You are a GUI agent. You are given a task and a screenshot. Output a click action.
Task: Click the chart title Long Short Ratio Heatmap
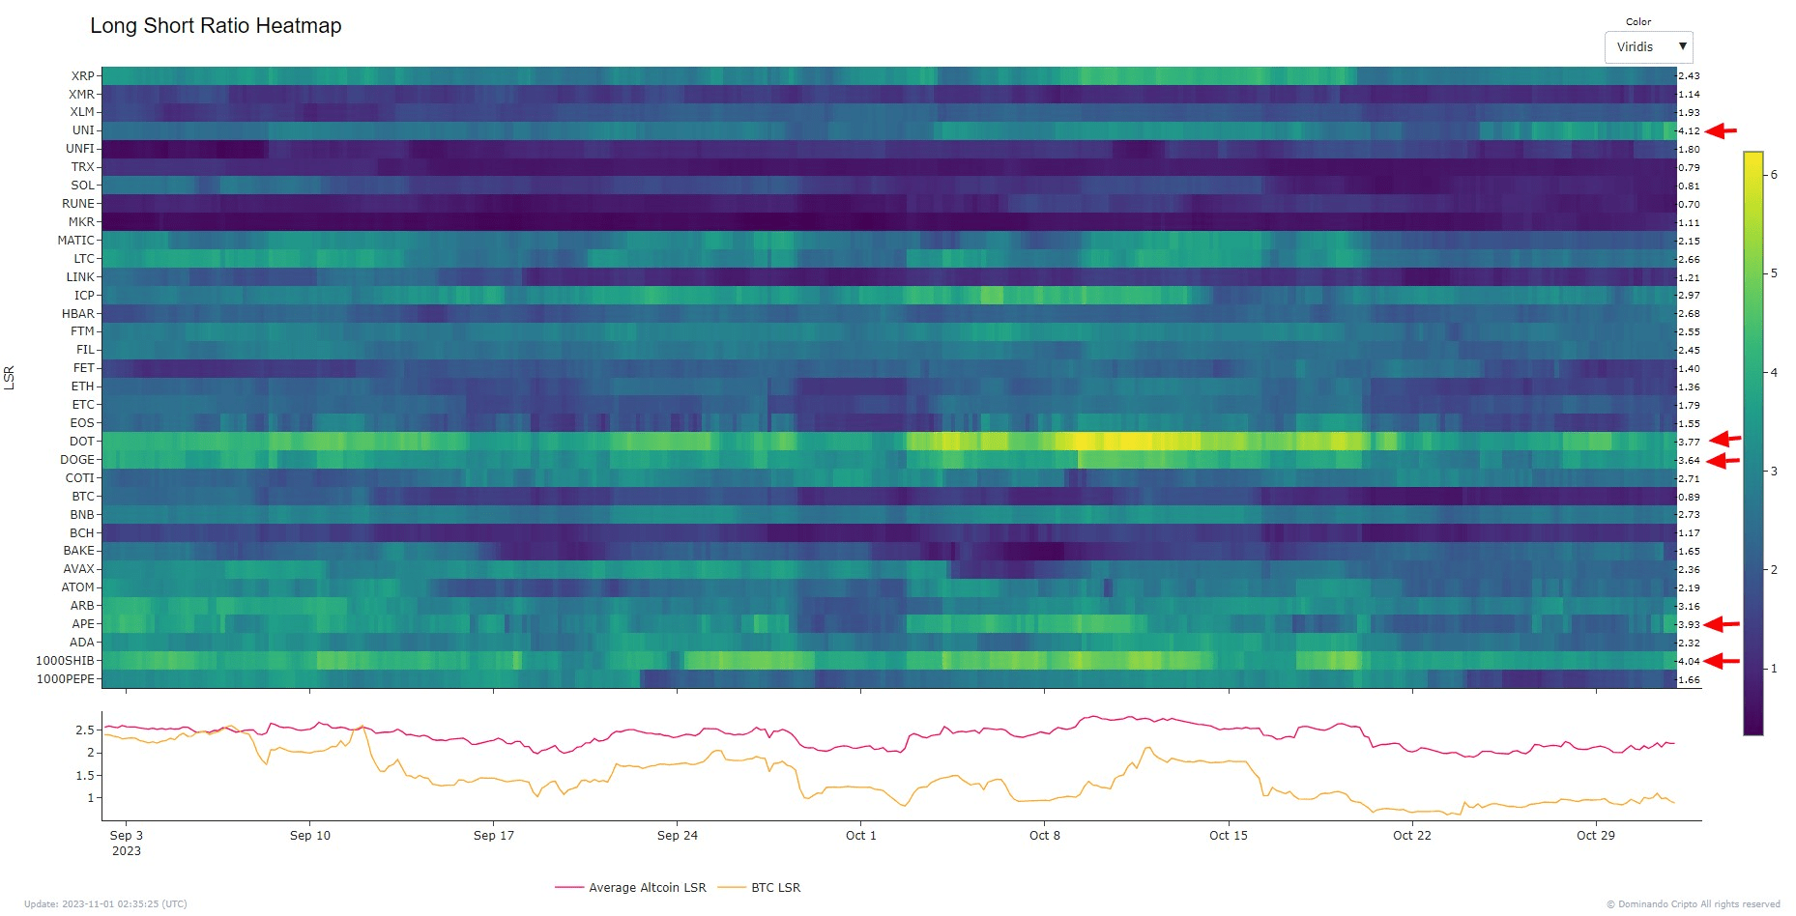coord(216,26)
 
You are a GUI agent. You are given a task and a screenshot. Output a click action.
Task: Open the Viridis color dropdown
coord(1648,47)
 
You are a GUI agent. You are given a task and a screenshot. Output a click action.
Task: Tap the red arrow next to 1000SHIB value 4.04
coord(1722,661)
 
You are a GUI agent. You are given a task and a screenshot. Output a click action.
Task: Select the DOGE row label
coord(77,460)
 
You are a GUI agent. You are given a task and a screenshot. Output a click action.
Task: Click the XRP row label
coord(83,76)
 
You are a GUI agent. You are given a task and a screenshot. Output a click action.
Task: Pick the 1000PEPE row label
coord(66,679)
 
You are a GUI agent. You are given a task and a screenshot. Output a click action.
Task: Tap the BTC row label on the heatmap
coord(83,497)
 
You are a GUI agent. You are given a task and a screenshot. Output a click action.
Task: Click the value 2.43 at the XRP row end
coord(1689,76)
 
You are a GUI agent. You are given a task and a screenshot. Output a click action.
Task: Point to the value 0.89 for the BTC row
coord(1689,497)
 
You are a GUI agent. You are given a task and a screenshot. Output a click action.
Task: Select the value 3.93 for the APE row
coord(1689,624)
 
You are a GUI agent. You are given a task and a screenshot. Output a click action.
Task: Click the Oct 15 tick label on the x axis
coord(1228,836)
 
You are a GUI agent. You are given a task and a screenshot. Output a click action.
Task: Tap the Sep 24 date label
coord(677,836)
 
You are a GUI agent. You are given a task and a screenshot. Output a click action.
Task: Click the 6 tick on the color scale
coord(1774,175)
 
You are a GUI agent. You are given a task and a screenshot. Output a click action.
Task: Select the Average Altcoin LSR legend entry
coord(647,888)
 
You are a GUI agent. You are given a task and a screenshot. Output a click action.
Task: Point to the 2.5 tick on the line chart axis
coord(85,730)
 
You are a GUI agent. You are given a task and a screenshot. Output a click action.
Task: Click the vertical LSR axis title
coord(10,377)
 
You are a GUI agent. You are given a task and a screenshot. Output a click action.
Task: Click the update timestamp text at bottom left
coord(105,904)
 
